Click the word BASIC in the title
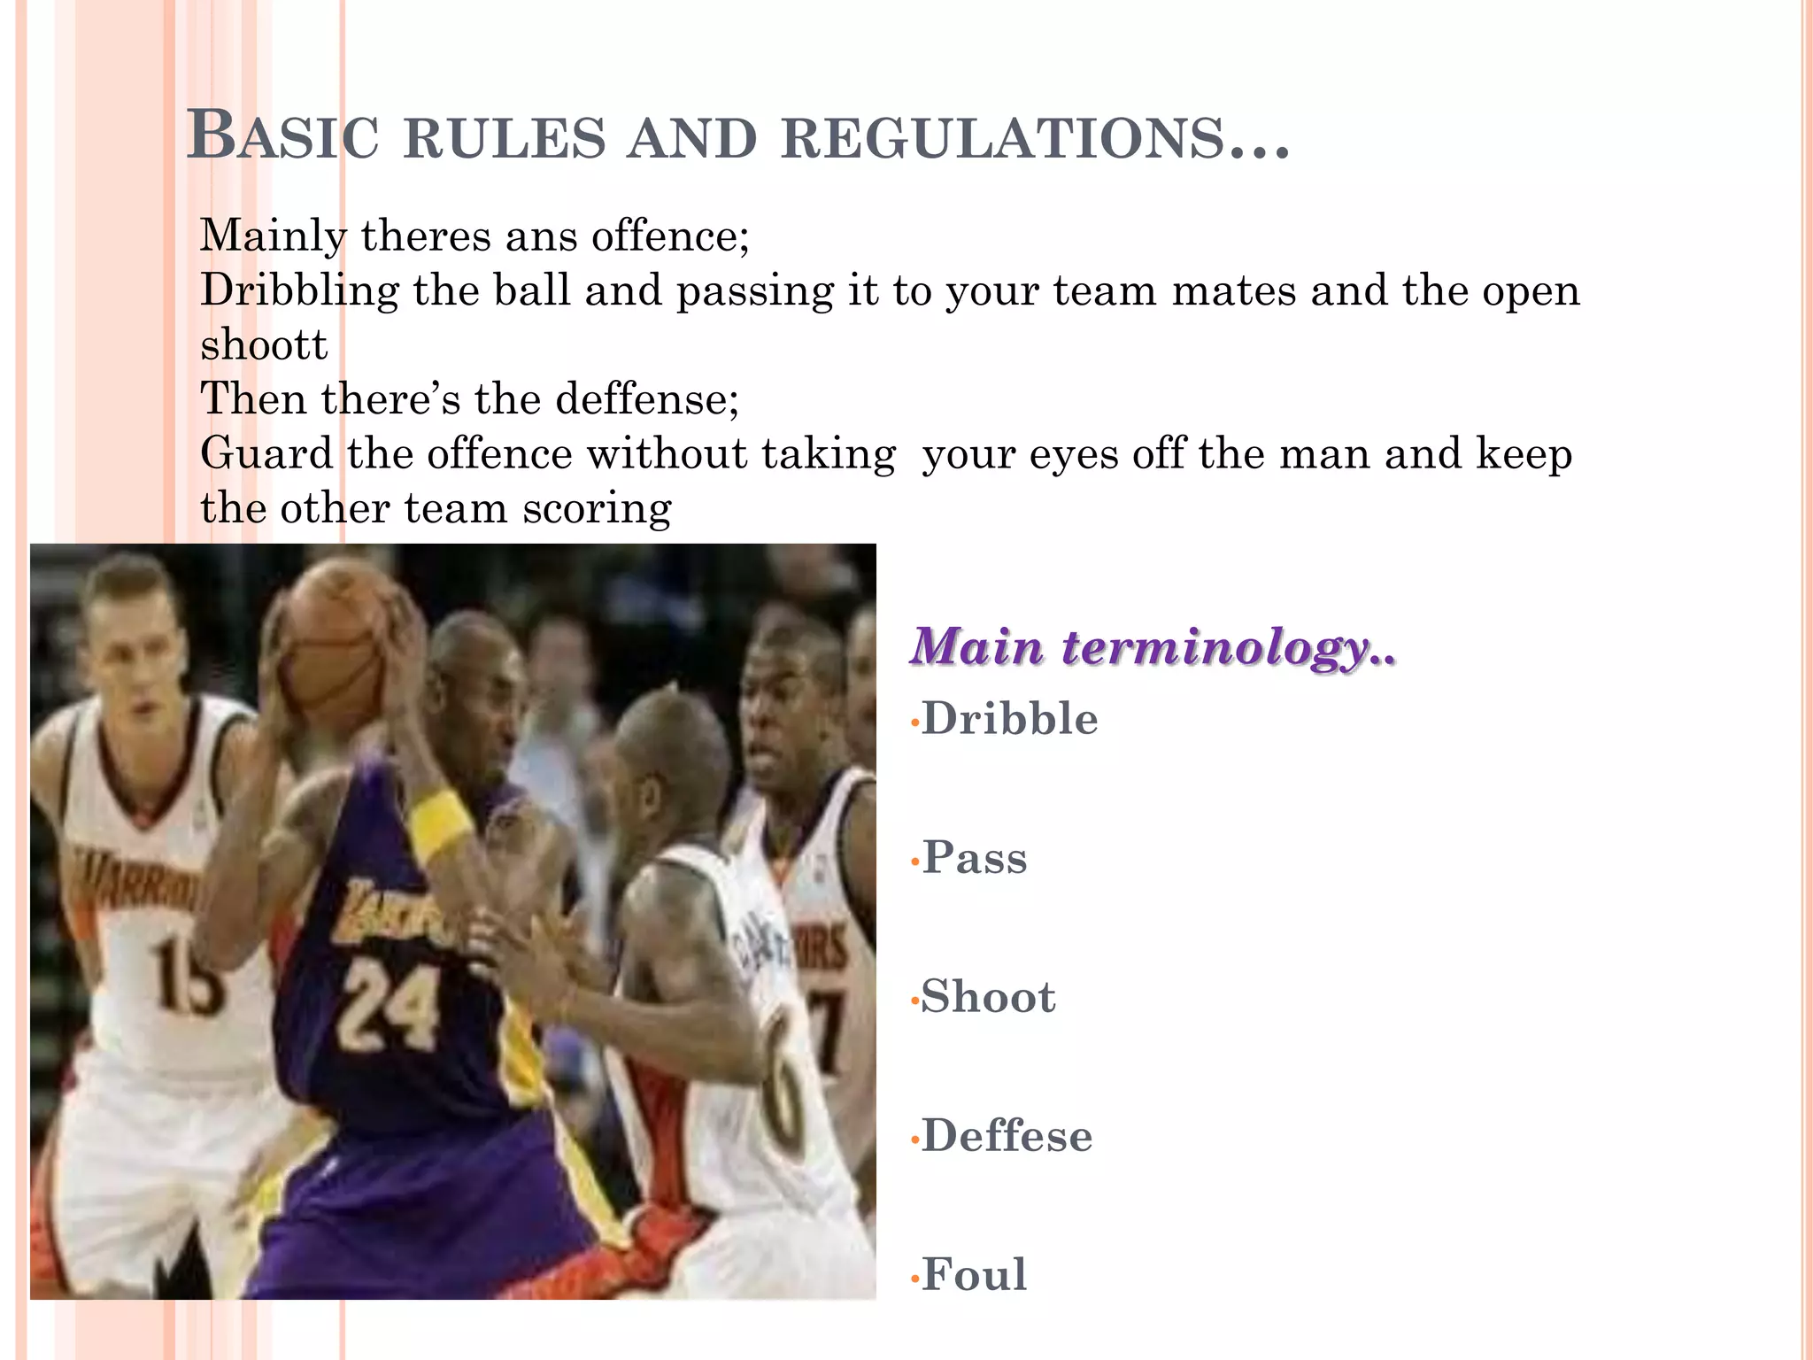coord(282,137)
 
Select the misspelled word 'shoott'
coord(264,344)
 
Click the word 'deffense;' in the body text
coord(647,398)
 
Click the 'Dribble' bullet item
coord(1009,718)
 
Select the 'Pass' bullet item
coord(975,857)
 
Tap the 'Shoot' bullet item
coord(988,997)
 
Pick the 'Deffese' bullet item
coord(1007,1136)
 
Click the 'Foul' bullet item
coord(974,1275)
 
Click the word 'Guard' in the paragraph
coord(266,453)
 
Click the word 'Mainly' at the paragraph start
coord(273,236)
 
